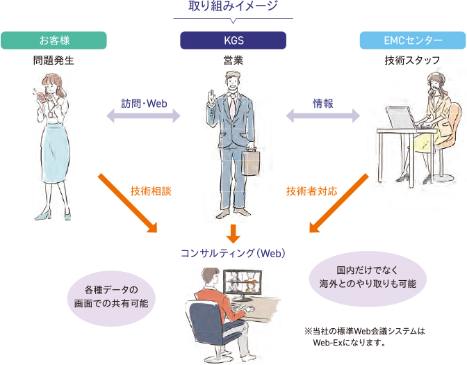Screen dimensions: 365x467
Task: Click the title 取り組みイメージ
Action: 233,7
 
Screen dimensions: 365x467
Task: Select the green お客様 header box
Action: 54,40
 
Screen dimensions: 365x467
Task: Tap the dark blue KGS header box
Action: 233,40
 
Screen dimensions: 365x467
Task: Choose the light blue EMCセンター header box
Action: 413,40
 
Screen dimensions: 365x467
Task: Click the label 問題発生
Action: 54,60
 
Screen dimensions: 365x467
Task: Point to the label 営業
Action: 233,60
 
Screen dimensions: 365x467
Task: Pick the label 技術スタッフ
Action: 413,60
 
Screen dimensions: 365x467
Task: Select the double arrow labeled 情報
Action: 323,115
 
